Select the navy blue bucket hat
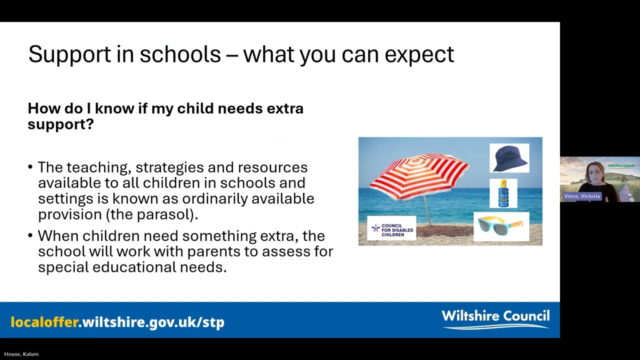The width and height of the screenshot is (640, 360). click(509, 158)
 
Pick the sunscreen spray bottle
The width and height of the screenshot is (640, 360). click(503, 193)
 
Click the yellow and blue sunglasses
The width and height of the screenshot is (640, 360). click(501, 226)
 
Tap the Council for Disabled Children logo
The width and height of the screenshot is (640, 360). click(391, 229)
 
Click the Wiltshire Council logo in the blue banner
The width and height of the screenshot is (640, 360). click(495, 318)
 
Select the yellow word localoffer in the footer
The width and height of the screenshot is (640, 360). click(44, 322)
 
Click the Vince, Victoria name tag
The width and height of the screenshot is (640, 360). click(581, 196)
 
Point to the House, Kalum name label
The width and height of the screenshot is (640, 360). click(21, 354)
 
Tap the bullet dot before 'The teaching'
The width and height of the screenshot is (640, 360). click(30, 167)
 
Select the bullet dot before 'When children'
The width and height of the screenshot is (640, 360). click(30, 236)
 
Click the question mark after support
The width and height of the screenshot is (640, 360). click(90, 124)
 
